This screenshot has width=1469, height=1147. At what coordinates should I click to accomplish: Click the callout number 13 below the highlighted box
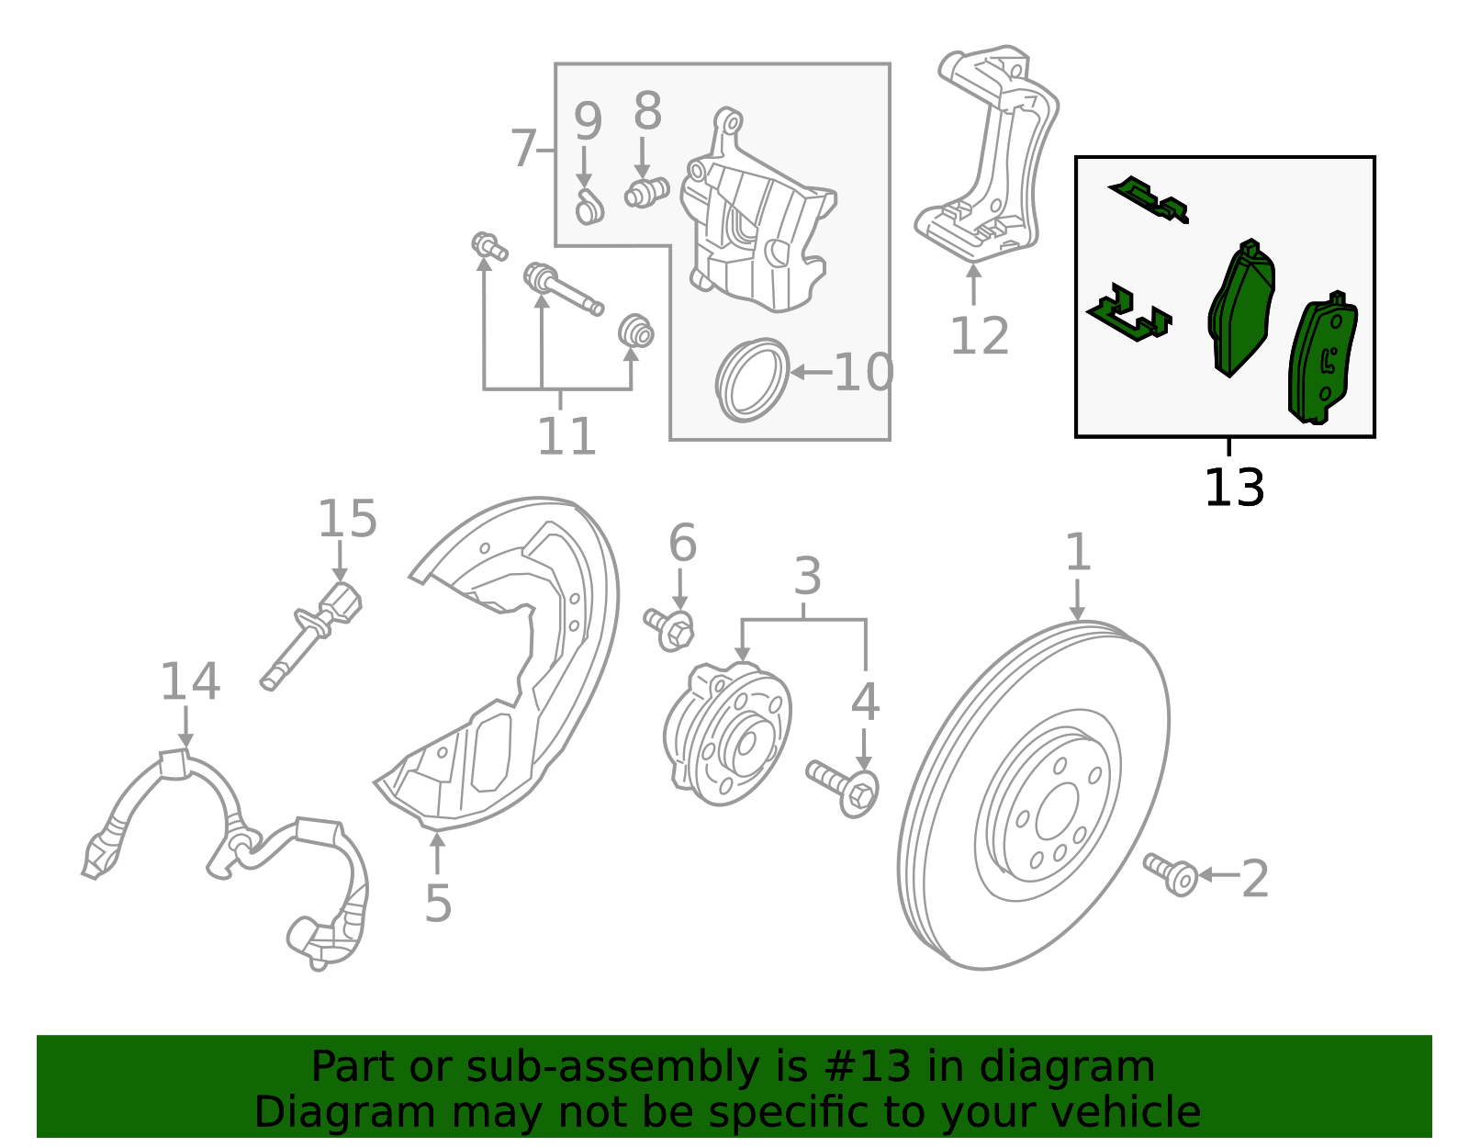pyautogui.click(x=1233, y=488)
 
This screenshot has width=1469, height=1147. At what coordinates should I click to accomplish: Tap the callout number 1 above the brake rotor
pyautogui.click(x=1078, y=553)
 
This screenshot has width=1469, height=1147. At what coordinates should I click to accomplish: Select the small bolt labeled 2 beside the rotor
pyautogui.click(x=1171, y=873)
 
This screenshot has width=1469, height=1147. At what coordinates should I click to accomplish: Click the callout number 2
pyautogui.click(x=1254, y=879)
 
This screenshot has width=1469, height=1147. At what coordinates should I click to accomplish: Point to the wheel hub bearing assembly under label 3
pyautogui.click(x=727, y=735)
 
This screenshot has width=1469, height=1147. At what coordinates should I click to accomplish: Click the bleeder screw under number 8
pyautogui.click(x=646, y=194)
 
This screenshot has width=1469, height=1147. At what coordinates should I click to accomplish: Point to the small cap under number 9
pyautogui.click(x=589, y=210)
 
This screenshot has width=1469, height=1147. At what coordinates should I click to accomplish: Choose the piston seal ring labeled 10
pyautogui.click(x=752, y=380)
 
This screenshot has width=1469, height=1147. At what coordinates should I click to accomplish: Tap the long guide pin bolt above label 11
pyautogui.click(x=562, y=288)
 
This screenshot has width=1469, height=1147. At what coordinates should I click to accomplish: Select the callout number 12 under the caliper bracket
pyautogui.click(x=979, y=336)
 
